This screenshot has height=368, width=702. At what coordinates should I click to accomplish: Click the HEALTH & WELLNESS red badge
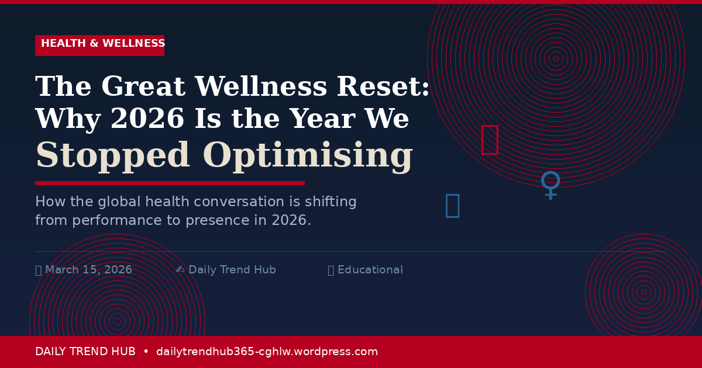click(x=99, y=45)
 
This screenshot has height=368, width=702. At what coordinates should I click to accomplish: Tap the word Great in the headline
click(x=143, y=88)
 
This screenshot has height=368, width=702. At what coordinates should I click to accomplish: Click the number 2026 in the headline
click(x=147, y=120)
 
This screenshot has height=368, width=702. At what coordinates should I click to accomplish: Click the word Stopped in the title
click(x=112, y=157)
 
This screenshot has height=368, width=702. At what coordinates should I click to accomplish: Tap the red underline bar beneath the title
click(x=170, y=183)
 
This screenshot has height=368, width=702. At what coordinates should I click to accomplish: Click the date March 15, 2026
click(x=88, y=270)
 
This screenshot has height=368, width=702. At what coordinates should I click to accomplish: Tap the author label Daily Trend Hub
click(x=232, y=270)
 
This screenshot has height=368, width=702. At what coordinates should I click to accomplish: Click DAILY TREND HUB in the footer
click(x=85, y=352)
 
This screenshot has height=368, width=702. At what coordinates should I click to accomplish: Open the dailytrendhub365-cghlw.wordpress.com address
click(x=267, y=352)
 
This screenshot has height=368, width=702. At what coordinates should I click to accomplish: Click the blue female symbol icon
click(x=550, y=185)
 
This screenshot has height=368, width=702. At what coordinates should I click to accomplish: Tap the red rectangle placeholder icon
click(x=489, y=140)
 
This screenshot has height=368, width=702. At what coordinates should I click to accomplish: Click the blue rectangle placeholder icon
click(x=452, y=205)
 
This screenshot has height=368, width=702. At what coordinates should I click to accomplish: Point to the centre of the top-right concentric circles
click(x=556, y=58)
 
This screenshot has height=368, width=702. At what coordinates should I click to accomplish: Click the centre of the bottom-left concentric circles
click(x=118, y=321)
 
